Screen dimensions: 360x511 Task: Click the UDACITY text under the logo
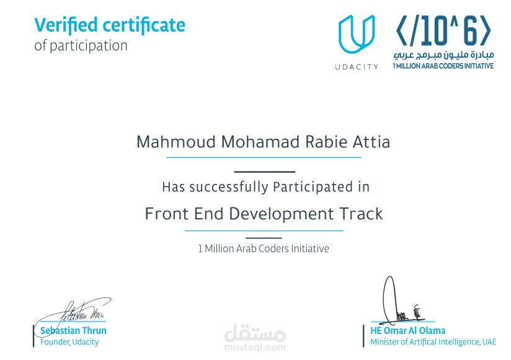[x=356, y=66]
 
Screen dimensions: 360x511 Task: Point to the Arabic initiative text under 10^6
[x=443, y=55]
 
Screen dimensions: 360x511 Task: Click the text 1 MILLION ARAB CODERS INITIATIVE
[x=443, y=66]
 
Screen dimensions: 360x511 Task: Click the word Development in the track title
[x=282, y=214]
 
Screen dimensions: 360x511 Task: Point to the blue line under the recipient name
[x=264, y=157]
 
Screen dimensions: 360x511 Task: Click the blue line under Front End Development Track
[x=264, y=230]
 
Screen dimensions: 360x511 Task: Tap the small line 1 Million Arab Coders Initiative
[x=263, y=248]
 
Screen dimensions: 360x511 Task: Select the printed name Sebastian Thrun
[x=73, y=331]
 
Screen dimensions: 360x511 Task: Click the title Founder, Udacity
[x=69, y=342]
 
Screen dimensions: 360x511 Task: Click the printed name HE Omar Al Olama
[x=407, y=331]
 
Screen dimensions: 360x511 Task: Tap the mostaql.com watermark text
[x=255, y=347]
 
